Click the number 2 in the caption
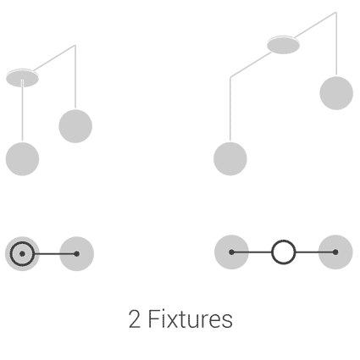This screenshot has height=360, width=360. point(135,318)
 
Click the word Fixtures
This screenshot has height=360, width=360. point(191,318)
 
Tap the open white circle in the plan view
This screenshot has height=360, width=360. point(284,252)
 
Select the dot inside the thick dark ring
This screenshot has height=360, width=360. point(22,254)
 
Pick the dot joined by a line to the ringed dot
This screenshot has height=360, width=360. point(76,254)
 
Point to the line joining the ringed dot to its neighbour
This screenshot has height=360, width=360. point(54,254)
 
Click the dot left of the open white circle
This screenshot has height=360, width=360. point(231,252)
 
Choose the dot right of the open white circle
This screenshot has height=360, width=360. point(335,252)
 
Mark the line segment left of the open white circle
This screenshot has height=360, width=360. point(252,252)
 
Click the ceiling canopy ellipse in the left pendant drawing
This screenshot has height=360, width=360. point(22,78)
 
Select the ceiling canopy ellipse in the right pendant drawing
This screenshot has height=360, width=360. point(283,45)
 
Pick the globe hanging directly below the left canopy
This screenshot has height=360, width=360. point(22,158)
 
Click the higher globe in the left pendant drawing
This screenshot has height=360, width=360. point(75,126)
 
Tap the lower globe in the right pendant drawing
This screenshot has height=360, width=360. point(230,158)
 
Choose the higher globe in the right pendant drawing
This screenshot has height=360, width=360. point(336,93)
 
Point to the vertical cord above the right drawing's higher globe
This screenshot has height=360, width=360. point(336,44)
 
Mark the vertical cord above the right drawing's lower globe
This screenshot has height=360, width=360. point(230,108)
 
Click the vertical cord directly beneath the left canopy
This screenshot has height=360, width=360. point(22,110)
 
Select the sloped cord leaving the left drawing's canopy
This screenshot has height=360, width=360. point(54,58)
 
